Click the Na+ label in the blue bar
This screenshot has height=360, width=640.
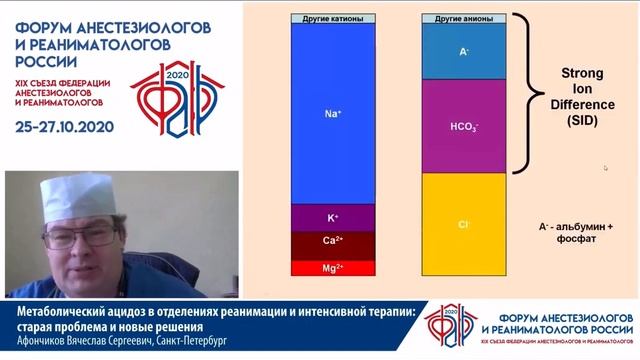point(334,115)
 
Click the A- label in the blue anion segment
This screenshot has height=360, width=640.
point(464,50)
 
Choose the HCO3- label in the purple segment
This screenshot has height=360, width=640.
point(464,128)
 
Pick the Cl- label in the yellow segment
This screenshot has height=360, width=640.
point(464,225)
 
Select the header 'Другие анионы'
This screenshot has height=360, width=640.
point(464,18)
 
